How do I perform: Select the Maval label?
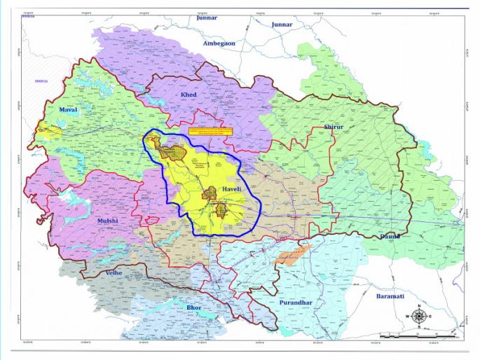[68, 111]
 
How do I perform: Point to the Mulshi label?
[107, 221]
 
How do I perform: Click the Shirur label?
[334, 127]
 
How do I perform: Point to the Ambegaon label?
[219, 43]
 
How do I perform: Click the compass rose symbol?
[418, 317]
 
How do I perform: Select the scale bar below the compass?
[417, 335]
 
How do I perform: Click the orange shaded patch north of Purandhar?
[290, 255]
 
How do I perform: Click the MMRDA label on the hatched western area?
[43, 82]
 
